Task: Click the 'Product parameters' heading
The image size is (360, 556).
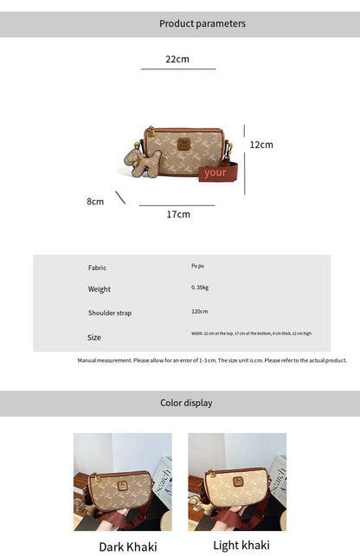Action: tap(202, 23)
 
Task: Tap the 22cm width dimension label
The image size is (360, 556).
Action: tap(177, 60)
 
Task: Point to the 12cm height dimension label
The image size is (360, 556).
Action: tap(261, 145)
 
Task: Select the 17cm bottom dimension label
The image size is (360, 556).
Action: tap(178, 214)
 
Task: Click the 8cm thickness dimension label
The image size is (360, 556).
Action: tap(95, 201)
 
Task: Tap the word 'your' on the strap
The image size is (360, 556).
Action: tap(215, 172)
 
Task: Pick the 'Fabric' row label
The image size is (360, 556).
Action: tap(97, 268)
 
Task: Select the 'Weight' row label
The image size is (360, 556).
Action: tap(99, 289)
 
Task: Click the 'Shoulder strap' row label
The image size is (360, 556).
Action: tap(110, 313)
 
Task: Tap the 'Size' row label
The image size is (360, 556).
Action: tap(94, 337)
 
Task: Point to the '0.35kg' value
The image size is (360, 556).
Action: tap(200, 288)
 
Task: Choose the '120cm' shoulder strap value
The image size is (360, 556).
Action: tap(200, 311)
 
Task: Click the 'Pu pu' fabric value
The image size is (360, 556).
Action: tap(199, 267)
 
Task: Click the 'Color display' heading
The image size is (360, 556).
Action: tap(186, 403)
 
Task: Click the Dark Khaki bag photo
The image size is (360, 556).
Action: tap(123, 482)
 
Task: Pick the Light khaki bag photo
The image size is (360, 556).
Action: tap(237, 482)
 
